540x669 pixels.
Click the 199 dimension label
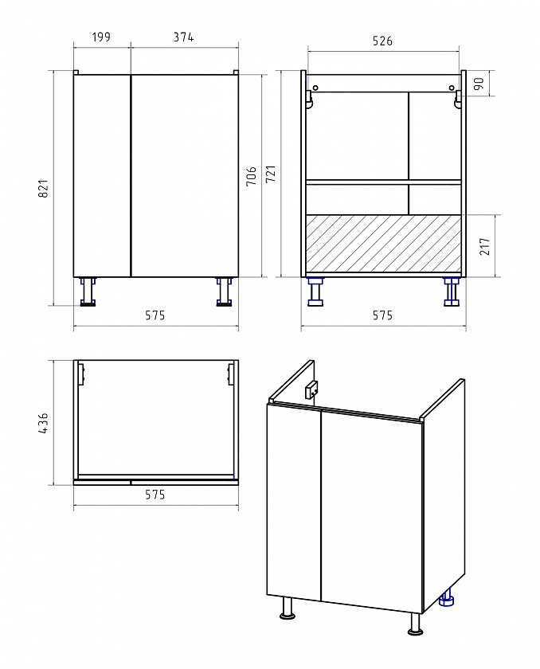click(x=101, y=37)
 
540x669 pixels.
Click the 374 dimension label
click(x=183, y=37)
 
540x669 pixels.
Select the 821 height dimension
click(x=44, y=188)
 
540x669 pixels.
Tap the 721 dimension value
click(x=271, y=174)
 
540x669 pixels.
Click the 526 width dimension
click(x=382, y=41)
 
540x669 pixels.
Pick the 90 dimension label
click(x=479, y=84)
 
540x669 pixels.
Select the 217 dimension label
click(x=485, y=246)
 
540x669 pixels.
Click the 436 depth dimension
click(x=44, y=423)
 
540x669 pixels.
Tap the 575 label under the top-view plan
click(x=155, y=495)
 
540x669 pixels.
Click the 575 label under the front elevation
click(x=155, y=315)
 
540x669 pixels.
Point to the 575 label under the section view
click(x=382, y=315)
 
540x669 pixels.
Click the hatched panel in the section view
click(x=383, y=243)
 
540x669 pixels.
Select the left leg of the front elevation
click(x=88, y=291)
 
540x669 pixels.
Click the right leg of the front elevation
click(x=224, y=291)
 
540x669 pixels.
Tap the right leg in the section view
click(x=452, y=291)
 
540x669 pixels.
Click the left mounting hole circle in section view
click(x=315, y=88)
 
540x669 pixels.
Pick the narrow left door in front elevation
click(x=101, y=176)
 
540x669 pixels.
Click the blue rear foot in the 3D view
click(x=447, y=599)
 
